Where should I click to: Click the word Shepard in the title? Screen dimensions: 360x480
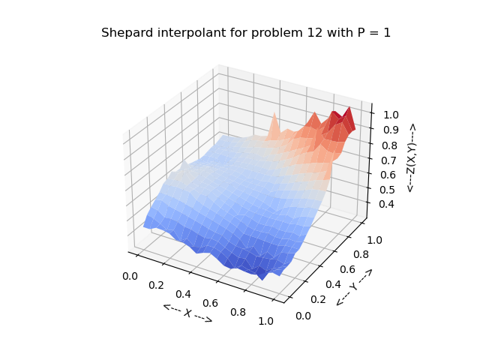point(126,33)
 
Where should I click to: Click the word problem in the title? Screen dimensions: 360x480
point(274,33)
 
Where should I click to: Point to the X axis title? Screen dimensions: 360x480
point(187,313)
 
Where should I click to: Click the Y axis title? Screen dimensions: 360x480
point(354,286)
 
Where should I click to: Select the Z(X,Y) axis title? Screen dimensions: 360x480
point(411,158)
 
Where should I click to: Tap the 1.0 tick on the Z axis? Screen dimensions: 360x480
point(390,115)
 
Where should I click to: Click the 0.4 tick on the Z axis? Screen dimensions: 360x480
point(386,204)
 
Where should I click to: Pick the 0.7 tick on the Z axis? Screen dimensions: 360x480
point(388,160)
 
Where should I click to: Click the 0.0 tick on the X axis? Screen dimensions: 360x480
point(129,276)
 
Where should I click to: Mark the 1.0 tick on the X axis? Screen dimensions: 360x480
point(265,321)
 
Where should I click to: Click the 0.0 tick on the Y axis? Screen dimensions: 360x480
point(303,316)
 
